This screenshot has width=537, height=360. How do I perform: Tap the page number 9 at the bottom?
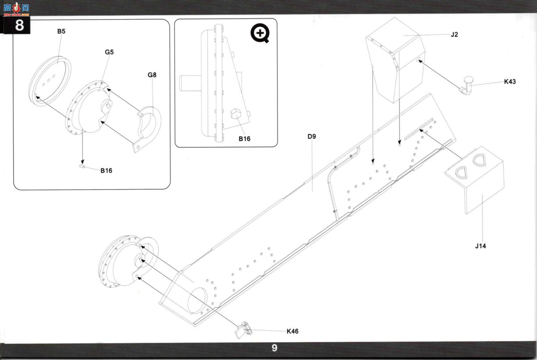[x=274, y=348]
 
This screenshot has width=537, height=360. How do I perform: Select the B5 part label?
[x=61, y=32]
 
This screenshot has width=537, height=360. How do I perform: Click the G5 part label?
[x=109, y=52]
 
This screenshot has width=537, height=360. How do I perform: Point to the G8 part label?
[x=152, y=75]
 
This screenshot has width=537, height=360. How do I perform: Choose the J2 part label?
[x=454, y=35]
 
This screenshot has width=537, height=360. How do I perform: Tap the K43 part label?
[x=510, y=82]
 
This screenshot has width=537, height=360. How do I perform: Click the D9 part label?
[x=312, y=136]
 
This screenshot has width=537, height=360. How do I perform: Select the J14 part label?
[x=480, y=246]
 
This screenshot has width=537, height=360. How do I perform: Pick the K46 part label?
[x=292, y=331]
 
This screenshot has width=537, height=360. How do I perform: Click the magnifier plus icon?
[x=260, y=33]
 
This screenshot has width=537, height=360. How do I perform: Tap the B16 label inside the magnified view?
[x=244, y=139]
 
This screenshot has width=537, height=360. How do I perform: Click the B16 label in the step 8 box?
[x=106, y=171]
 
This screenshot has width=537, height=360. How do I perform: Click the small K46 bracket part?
[x=244, y=330]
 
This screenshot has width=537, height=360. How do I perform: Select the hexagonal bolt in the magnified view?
[x=236, y=114]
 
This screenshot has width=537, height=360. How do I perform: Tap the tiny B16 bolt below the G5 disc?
[x=82, y=166]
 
